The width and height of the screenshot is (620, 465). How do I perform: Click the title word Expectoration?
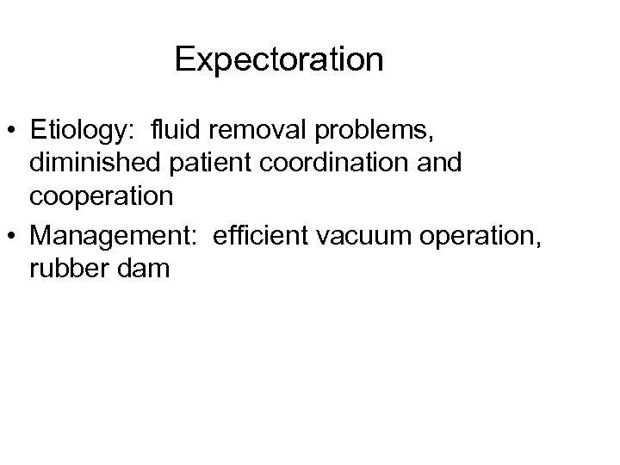coord(278,61)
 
